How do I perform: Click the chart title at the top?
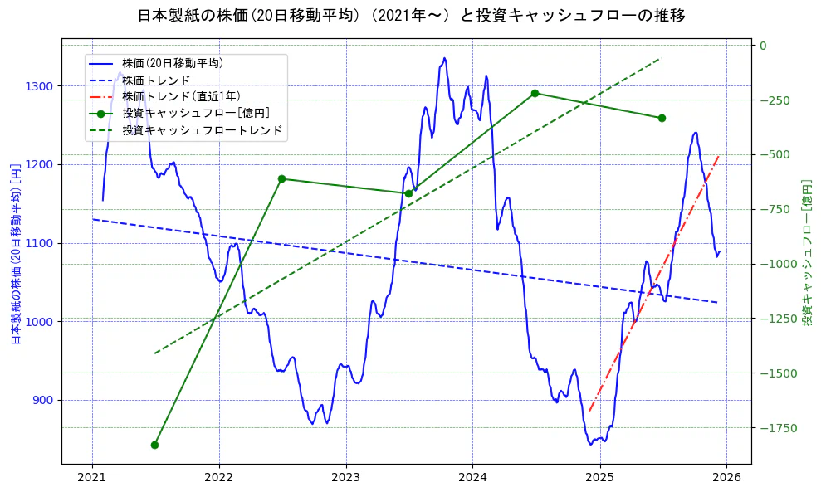tap(410, 15)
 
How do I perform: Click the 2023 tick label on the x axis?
tap(345, 478)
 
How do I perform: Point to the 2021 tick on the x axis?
tap(92, 478)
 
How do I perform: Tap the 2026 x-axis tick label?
tap(726, 478)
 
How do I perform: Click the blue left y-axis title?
tap(15, 254)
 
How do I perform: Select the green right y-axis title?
tap(806, 252)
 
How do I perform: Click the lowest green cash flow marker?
tap(154, 445)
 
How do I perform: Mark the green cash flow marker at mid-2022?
tap(281, 178)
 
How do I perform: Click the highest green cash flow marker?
tap(535, 93)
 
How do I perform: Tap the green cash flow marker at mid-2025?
tap(662, 118)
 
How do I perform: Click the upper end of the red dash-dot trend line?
tap(719, 154)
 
